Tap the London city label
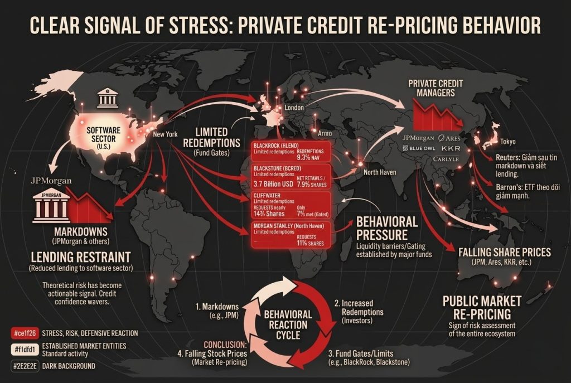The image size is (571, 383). tap(293, 107)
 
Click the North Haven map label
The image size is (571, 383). tap(380, 172)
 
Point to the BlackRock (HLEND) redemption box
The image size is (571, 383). tap(290, 151)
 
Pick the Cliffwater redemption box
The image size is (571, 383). tap(290, 205)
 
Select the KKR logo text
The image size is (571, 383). tap(451, 149)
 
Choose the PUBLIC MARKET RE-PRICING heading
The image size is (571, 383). tap(482, 307)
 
